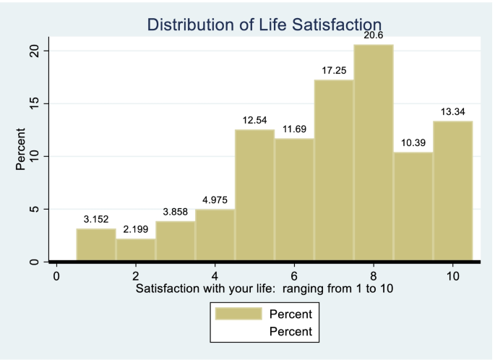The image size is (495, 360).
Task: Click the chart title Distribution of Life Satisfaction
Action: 264,25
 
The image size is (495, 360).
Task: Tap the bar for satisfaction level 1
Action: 96,245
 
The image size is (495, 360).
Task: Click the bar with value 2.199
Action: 136,250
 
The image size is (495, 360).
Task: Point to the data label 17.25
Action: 334,71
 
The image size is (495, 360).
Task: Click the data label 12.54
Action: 254,120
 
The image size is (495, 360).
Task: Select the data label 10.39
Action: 413,143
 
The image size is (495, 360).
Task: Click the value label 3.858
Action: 175,212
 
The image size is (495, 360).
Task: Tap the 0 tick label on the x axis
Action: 56,276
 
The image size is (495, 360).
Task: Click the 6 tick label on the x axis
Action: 294,276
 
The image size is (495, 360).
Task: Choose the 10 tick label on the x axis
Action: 452,276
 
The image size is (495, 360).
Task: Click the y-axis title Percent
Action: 21,150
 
